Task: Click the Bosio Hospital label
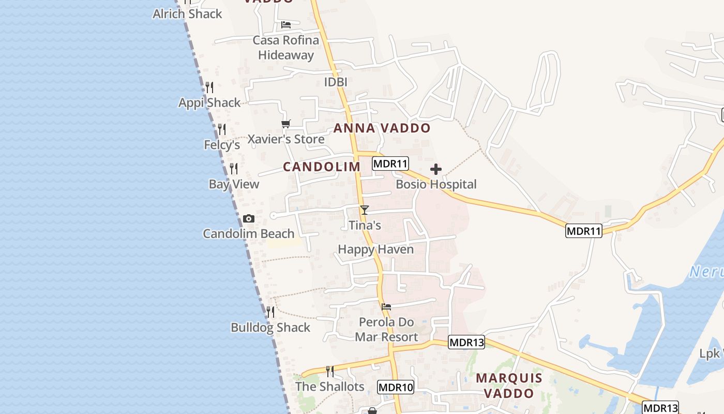(x=436, y=184)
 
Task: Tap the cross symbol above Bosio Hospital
(x=436, y=169)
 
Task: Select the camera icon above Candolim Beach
(x=249, y=219)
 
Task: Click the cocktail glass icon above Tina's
(x=365, y=210)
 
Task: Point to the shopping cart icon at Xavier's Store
(x=285, y=124)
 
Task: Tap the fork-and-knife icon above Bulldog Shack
(x=270, y=312)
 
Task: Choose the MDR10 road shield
(x=396, y=387)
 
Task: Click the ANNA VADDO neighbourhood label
(x=382, y=128)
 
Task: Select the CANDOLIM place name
(x=322, y=167)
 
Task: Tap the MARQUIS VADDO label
(x=509, y=386)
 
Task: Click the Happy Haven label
(x=376, y=249)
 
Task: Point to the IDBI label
(x=336, y=82)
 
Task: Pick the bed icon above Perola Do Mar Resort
(x=386, y=307)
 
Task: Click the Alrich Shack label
(x=187, y=14)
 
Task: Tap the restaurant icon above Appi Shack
(x=209, y=87)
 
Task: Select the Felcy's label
(x=222, y=145)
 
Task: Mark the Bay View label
(x=234, y=184)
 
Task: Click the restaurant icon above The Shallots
(x=329, y=371)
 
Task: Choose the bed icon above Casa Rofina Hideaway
(x=286, y=25)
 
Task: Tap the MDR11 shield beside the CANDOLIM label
(x=390, y=164)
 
